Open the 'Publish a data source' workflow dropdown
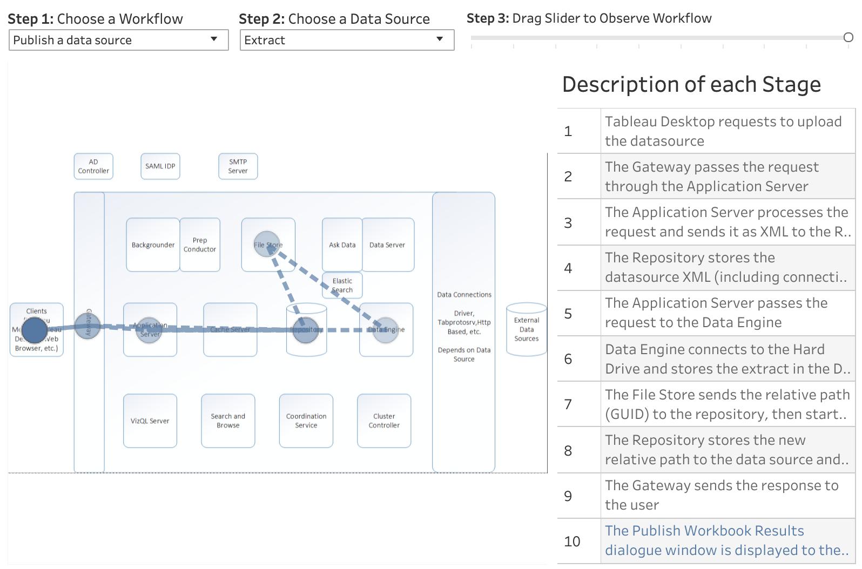pyautogui.click(x=118, y=40)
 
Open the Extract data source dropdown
pyautogui.click(x=347, y=40)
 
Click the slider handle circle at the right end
pyautogui.click(x=848, y=37)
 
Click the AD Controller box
pyautogui.click(x=93, y=166)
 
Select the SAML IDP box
pyautogui.click(x=160, y=166)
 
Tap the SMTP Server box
pyautogui.click(x=238, y=166)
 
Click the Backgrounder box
pyautogui.click(x=153, y=245)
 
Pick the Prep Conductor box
pyautogui.click(x=200, y=245)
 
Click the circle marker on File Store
pyautogui.click(x=267, y=244)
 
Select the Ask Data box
pyautogui.click(x=342, y=245)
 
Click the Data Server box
pyautogui.click(x=388, y=245)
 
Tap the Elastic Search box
pyautogui.click(x=342, y=285)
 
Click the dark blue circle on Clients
pyautogui.click(x=34, y=330)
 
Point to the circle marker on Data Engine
pyautogui.click(x=386, y=330)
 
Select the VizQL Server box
pyautogui.click(x=150, y=421)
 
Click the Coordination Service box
pyautogui.click(x=306, y=421)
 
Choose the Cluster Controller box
pyautogui.click(x=384, y=421)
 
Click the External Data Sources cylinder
pyautogui.click(x=527, y=329)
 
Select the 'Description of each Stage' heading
pyautogui.click(x=691, y=85)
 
